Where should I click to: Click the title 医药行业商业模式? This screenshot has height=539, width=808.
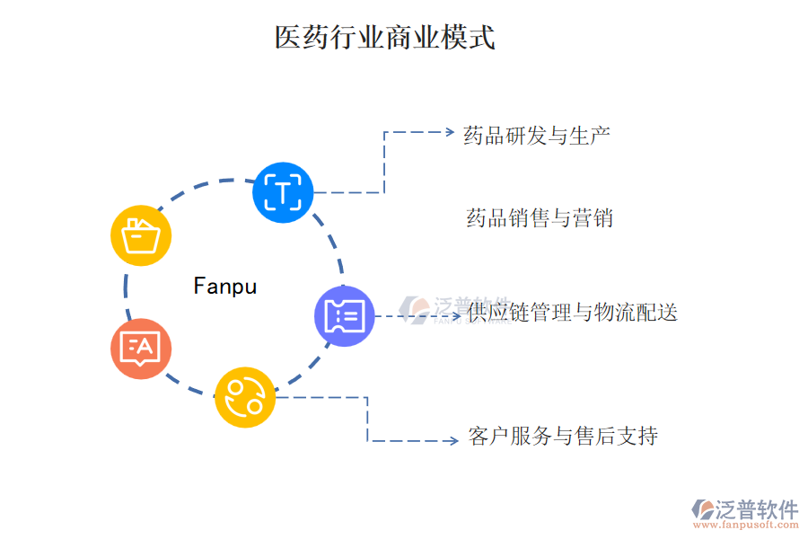(384, 38)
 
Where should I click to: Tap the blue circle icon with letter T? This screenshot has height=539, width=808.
(283, 192)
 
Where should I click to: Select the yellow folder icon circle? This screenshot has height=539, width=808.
(141, 235)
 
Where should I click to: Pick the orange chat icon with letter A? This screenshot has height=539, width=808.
(141, 349)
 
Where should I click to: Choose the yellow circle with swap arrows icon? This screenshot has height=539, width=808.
(245, 396)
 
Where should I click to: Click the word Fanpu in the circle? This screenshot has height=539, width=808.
(225, 287)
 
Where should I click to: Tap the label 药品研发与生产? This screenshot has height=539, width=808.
(537, 136)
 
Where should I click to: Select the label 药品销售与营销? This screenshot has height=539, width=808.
(540, 218)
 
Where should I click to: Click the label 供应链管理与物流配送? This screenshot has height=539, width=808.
(572, 313)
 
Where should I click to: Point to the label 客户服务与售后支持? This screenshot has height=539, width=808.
(563, 437)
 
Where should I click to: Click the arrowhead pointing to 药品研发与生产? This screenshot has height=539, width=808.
(450, 132)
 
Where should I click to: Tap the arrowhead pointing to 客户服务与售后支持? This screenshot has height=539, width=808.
(453, 440)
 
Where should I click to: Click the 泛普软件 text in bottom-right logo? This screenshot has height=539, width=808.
(756, 509)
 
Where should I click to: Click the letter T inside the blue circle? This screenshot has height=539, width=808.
(283, 192)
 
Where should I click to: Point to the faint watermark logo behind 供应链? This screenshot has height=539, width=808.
(418, 309)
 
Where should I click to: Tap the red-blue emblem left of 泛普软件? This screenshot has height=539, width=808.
(703, 510)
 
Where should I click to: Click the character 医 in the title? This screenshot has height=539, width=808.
(287, 38)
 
